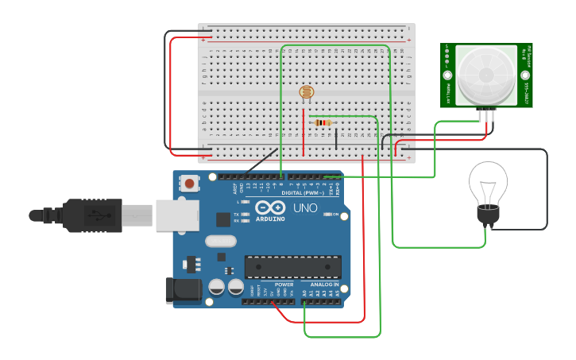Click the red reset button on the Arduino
pyautogui.click(x=190, y=184)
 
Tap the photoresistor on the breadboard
pyautogui.click(x=306, y=93)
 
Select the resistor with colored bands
pyautogui.click(x=322, y=122)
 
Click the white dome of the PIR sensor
pyautogui.click(x=485, y=75)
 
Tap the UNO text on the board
pyautogui.click(x=305, y=208)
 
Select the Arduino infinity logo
pyautogui.click(x=269, y=208)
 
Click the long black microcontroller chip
pyautogui.click(x=292, y=268)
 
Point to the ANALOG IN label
pyautogui.click(x=324, y=284)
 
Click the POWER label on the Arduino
pyautogui.click(x=284, y=284)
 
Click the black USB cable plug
pyautogui.click(x=95, y=215)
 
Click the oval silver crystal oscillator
pyautogui.click(x=220, y=241)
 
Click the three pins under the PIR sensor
pyautogui.click(x=486, y=115)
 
